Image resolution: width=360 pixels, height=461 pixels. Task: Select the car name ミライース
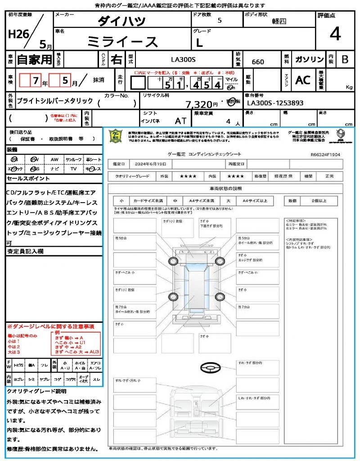122,41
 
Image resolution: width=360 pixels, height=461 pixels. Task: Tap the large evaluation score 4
335,34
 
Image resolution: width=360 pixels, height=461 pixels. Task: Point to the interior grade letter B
345,59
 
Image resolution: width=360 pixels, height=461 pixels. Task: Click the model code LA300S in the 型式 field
183,59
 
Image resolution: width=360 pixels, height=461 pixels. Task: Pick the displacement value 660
258,62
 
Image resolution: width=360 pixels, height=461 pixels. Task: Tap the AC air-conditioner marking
302,80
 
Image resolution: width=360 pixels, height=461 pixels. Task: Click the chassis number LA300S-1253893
275,103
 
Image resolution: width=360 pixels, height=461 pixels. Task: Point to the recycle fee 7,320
199,104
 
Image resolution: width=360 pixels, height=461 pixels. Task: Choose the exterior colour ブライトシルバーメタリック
54,101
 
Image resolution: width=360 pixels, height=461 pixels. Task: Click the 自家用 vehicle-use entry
34,59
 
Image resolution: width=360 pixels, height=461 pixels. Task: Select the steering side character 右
116,59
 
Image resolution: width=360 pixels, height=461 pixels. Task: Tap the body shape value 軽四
279,21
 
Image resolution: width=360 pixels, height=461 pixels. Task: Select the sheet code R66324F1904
325,154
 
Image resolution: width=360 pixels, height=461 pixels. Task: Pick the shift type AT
180,121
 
